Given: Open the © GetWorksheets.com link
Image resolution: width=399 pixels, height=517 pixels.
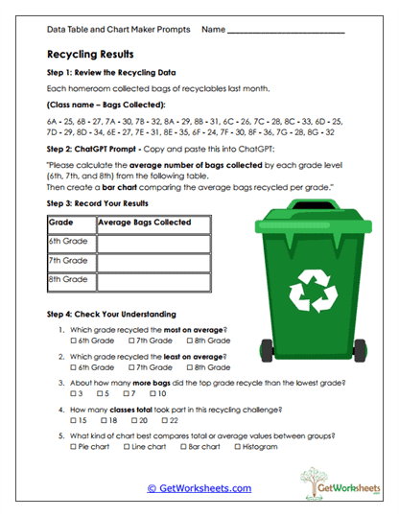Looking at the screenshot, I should (x=199, y=487).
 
